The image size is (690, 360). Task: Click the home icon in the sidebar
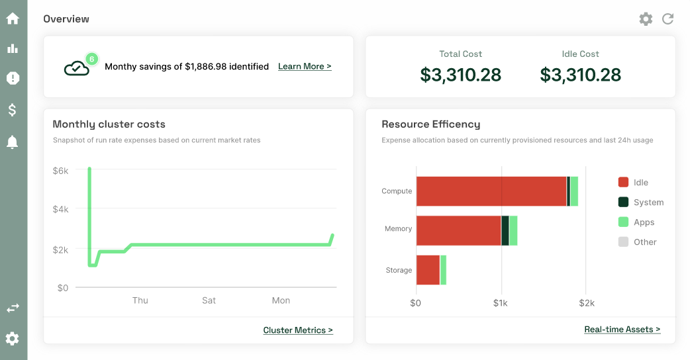pos(13,19)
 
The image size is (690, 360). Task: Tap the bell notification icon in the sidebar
pos(13,142)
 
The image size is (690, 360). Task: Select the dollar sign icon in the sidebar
pos(13,110)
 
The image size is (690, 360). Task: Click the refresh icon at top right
pos(667,19)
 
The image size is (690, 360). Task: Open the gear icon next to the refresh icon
pos(646,19)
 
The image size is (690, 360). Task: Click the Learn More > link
pos(305,66)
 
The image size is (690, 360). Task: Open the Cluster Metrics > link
pos(298,330)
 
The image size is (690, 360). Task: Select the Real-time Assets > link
pos(622,330)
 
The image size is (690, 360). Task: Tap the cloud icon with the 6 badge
pos(77,67)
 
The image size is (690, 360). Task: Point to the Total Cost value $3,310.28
pos(461,75)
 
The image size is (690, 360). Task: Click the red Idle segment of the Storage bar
pos(428,270)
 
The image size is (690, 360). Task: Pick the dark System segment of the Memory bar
pos(505,230)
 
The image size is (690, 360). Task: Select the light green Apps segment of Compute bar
pos(574,191)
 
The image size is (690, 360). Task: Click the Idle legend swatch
pos(623,183)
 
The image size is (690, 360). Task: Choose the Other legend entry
pos(644,242)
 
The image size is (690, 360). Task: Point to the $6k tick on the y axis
pos(61,171)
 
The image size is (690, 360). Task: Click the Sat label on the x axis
pos(209,300)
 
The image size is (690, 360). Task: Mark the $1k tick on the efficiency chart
pos(500,303)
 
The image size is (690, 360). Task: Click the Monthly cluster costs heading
pos(109,124)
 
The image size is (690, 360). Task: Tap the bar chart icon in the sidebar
pos(13,48)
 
